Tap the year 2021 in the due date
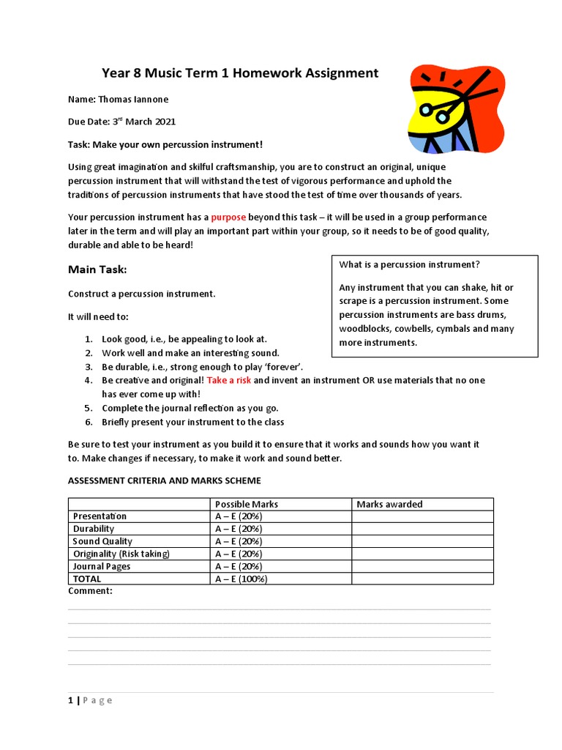[x=161, y=122]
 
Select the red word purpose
[x=228, y=218]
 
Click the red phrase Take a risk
[x=229, y=380]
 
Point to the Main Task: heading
[x=97, y=270]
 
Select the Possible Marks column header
[x=246, y=504]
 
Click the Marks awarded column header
[x=389, y=504]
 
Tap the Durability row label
[x=94, y=529]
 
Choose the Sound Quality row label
[x=102, y=541]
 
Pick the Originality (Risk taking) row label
[x=121, y=554]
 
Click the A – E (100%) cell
[x=241, y=579]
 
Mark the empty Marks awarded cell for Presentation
[x=421, y=516]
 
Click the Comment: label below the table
[x=90, y=590]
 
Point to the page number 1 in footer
[x=70, y=700]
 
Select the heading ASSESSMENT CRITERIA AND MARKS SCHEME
[x=164, y=480]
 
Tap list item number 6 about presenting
[x=192, y=422]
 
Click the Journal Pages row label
[x=100, y=566]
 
